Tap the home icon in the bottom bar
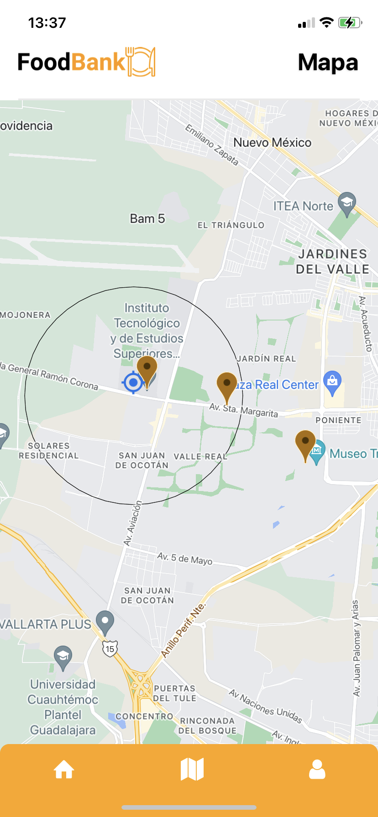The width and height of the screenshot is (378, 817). click(x=64, y=770)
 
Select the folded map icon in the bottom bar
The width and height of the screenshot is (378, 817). click(x=192, y=770)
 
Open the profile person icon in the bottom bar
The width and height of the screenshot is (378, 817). click(x=317, y=770)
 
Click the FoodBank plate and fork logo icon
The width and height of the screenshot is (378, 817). click(x=141, y=62)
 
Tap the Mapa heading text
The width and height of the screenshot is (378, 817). click(x=328, y=62)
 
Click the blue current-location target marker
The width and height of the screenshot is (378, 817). click(x=133, y=382)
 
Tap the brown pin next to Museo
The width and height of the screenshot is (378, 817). click(x=305, y=443)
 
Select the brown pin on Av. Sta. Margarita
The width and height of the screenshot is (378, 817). click(x=226, y=385)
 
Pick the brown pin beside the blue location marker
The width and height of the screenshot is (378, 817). click(x=147, y=369)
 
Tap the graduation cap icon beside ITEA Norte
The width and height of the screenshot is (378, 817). click(x=347, y=202)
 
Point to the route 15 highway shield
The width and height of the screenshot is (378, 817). click(x=110, y=648)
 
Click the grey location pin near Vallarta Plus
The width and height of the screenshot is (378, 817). click(x=105, y=621)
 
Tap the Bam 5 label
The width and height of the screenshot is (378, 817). click(x=147, y=219)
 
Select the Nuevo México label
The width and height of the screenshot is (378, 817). click(x=272, y=143)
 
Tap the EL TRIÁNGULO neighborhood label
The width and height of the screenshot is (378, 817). click(x=231, y=225)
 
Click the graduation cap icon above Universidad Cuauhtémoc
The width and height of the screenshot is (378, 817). click(x=63, y=657)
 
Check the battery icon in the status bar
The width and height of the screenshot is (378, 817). click(x=350, y=22)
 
